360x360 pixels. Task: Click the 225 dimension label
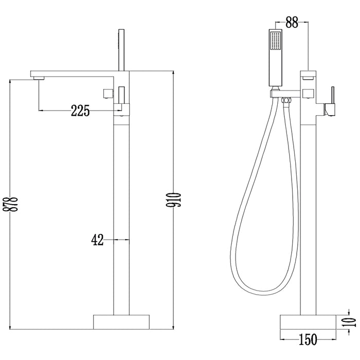(x=80, y=111)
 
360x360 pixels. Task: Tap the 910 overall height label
(x=174, y=200)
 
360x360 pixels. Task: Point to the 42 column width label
(x=97, y=240)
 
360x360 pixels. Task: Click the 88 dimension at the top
(x=292, y=22)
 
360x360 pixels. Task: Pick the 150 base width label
(x=308, y=339)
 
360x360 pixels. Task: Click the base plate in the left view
(x=121, y=322)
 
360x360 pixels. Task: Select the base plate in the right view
(x=308, y=322)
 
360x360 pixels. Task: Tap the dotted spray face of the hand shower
(x=276, y=41)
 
